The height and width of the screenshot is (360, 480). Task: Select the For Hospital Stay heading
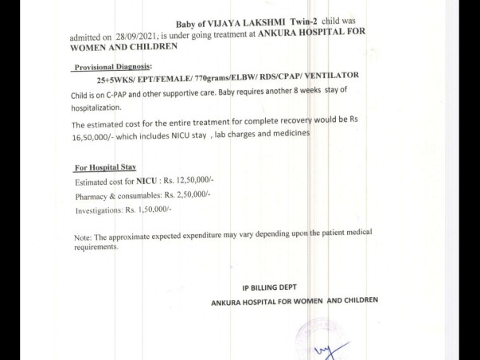pos(105,168)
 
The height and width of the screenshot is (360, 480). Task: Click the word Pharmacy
pos(92,195)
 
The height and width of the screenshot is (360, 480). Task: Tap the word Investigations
pos(97,209)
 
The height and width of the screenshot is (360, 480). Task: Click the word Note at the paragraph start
pos(83,237)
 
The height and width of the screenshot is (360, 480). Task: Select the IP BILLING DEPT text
pos(273,288)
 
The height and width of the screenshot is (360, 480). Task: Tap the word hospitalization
pos(96,107)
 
